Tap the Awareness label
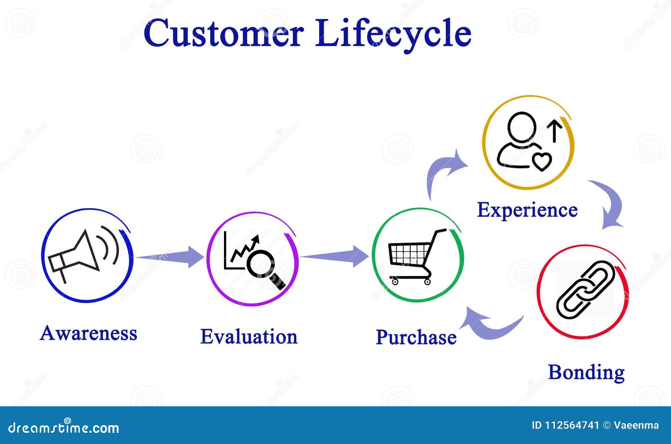pos(88,333)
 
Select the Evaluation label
pos(249,337)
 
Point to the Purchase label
pos(416,337)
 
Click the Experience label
pos(527,210)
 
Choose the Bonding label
pos(586,372)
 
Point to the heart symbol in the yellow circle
pos(541,161)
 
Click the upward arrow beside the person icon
pos(555,130)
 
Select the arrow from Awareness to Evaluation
pos(170,257)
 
